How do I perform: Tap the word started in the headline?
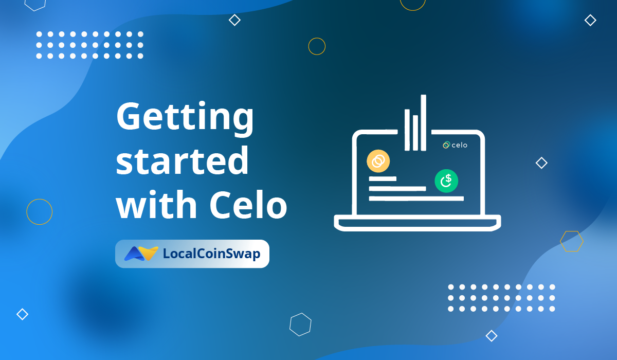(183, 161)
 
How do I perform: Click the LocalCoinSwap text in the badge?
(211, 254)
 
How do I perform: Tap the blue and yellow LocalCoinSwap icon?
(141, 254)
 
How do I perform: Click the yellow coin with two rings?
(378, 161)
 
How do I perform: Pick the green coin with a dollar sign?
(446, 181)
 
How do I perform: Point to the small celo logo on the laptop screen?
(455, 145)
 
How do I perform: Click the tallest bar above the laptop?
(423, 122)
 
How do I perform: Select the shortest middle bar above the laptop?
(415, 133)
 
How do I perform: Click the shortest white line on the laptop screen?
(383, 179)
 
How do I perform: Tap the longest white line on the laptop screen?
(416, 199)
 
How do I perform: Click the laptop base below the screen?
(418, 223)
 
